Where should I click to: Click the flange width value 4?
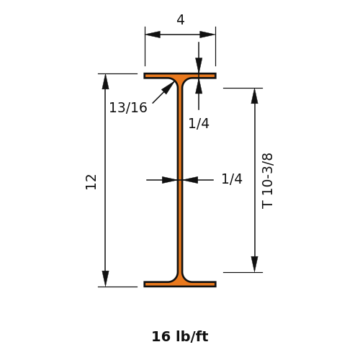(x=181, y=19)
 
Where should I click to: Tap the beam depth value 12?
(x=91, y=182)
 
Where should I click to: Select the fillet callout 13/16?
(x=128, y=107)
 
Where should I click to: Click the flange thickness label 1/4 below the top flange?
(x=199, y=123)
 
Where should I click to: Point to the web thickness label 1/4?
(x=232, y=179)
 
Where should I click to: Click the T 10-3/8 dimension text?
(x=267, y=181)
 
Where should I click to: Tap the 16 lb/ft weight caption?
(x=180, y=336)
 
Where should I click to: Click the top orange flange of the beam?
(x=180, y=76)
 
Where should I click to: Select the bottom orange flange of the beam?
(x=180, y=284)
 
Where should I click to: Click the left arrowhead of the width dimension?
(x=153, y=35)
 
